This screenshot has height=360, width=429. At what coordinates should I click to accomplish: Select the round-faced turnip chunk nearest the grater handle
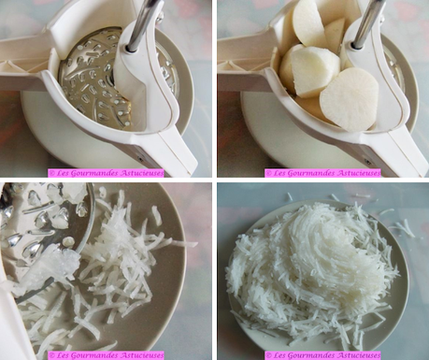pos(349,99)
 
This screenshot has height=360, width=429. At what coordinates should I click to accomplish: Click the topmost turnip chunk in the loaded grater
pos(308,21)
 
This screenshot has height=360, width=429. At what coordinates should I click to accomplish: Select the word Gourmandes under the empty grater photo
pos(96,173)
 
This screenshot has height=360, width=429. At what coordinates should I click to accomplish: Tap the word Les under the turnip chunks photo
pos(279,173)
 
